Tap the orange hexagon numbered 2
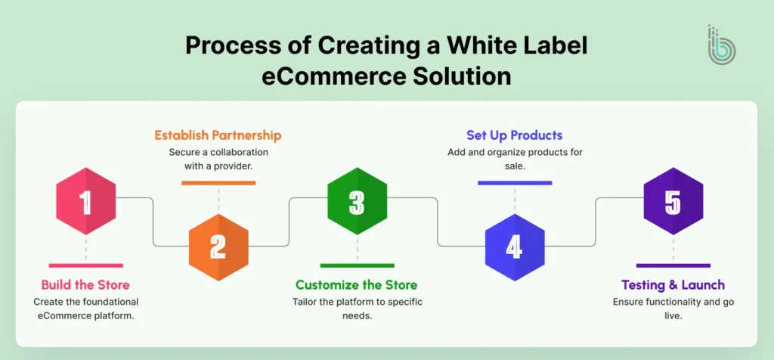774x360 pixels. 218,247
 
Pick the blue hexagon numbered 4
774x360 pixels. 514,247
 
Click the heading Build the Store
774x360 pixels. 85,285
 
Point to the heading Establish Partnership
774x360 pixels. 218,135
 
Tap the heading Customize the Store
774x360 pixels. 357,285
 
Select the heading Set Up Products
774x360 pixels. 514,135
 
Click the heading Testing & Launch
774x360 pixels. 673,285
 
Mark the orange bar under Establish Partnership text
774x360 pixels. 218,183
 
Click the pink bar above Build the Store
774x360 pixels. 85,265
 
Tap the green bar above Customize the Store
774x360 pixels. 357,265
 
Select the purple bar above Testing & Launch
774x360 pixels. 673,265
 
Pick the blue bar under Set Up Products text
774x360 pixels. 514,183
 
